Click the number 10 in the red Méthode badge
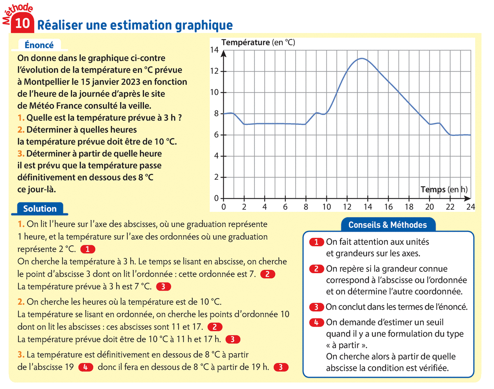point(23,24)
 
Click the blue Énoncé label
point(40,45)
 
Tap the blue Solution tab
point(40,209)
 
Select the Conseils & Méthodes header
point(387,225)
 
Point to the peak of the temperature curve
point(361,59)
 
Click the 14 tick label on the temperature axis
point(214,50)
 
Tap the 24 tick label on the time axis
point(471,207)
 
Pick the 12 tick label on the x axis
point(347,207)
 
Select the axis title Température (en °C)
point(258,42)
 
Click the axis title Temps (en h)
point(444,190)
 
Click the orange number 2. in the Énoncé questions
point(21,130)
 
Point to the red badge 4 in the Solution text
point(86,367)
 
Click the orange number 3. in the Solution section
point(21,354)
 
